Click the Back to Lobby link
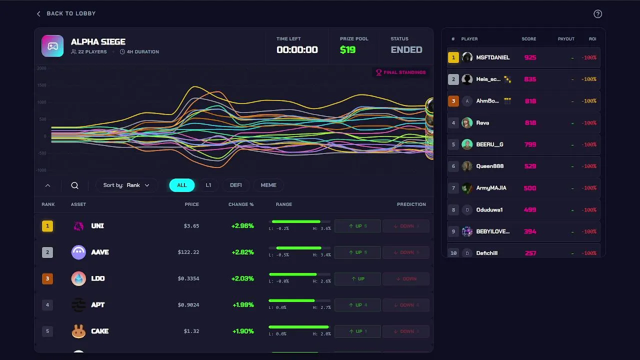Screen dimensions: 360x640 click(66, 13)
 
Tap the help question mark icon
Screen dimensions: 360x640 click(597, 14)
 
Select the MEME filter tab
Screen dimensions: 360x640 click(268, 185)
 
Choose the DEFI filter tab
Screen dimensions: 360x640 click(236, 185)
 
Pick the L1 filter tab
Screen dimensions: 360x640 click(208, 185)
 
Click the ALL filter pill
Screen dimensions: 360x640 click(182, 185)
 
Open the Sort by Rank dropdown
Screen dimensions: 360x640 click(126, 185)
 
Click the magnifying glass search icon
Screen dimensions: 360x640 click(74, 185)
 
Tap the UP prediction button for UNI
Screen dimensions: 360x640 click(357, 226)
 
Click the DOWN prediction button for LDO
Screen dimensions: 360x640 click(405, 278)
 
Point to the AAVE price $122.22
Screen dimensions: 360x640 click(188, 252)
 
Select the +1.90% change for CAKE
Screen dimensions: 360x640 click(242, 331)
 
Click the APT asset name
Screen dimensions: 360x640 click(98, 304)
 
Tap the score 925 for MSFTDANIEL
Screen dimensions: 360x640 click(530, 57)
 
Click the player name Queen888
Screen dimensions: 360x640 click(490, 166)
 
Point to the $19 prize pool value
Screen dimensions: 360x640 click(347, 49)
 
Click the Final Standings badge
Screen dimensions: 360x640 click(401, 72)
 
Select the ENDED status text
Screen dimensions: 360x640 click(406, 49)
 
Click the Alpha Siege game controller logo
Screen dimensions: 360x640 click(52, 46)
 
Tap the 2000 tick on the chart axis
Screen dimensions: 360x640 click(41, 68)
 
